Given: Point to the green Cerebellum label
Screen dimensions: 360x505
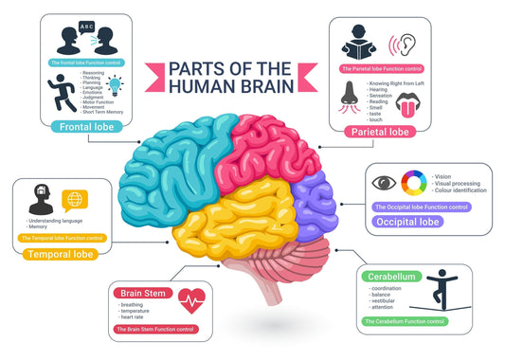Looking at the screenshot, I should (390, 276).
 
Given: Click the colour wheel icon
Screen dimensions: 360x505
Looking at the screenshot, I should (413, 183).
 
